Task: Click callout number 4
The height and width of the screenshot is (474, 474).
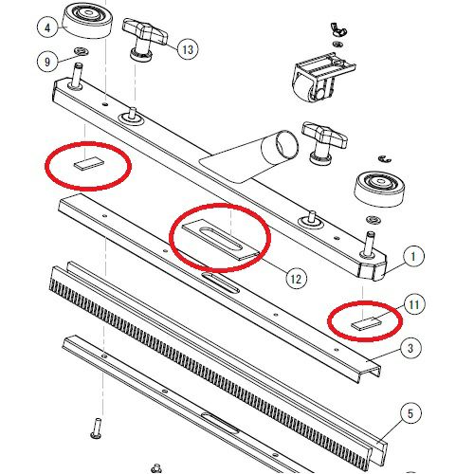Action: pos(47,27)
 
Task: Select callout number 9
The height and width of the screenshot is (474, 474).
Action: pos(47,62)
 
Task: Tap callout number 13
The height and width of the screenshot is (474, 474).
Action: pos(188,49)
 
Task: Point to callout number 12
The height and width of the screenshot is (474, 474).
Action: pos(296,279)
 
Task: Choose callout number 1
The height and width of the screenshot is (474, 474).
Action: pos(413,256)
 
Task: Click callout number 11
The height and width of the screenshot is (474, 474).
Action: pos(413,304)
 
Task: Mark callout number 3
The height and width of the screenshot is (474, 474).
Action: pos(410,348)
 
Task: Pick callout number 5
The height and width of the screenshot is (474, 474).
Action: pos(410,413)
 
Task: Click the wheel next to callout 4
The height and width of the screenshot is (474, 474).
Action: pos(86,20)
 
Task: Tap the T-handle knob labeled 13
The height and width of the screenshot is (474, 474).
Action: pos(145,39)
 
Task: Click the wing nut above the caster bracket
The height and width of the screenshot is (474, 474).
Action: pos(338,28)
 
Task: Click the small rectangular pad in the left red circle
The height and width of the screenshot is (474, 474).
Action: pos(89,164)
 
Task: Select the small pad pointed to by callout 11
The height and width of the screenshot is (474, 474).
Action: pos(366,323)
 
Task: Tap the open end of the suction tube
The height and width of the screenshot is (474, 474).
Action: pos(287,144)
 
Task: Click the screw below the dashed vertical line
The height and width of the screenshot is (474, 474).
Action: pos(96,428)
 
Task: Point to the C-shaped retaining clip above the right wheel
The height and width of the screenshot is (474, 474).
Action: pos(385,158)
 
